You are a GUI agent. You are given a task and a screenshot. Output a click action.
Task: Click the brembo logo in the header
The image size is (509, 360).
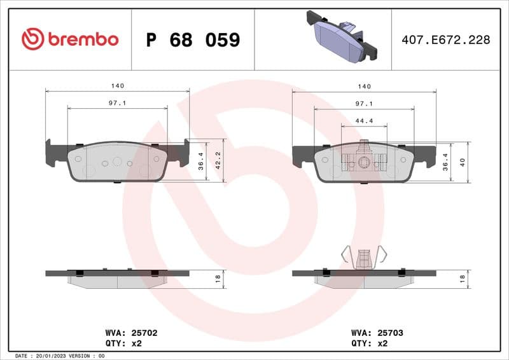(70, 39)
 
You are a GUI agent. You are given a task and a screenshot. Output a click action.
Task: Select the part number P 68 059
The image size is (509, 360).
(193, 40)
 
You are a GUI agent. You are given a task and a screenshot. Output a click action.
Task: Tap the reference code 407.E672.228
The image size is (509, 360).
(445, 40)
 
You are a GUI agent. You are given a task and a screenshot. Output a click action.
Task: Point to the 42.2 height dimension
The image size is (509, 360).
(217, 160)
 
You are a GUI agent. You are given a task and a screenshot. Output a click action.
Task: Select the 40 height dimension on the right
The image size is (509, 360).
(463, 162)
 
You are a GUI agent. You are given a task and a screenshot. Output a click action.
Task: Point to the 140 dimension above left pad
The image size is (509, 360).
(117, 86)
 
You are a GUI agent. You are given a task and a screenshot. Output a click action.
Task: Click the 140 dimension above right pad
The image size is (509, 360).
(364, 86)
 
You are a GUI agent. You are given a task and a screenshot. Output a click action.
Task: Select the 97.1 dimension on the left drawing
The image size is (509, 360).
(117, 103)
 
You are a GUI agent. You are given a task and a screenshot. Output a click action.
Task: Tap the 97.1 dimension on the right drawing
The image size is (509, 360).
(364, 103)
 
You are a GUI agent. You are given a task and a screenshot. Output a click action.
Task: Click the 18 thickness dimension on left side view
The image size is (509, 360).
(217, 277)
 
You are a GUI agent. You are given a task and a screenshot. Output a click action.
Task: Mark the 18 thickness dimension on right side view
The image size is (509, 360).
(463, 277)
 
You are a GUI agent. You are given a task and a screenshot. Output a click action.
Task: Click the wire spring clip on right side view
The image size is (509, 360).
(364, 256)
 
